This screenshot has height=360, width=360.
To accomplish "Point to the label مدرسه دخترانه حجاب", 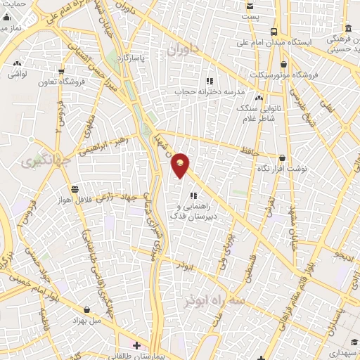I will [x=208, y=91].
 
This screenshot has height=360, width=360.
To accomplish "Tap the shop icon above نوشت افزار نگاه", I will [x=283, y=159].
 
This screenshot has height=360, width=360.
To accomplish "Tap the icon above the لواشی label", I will [x=15, y=61].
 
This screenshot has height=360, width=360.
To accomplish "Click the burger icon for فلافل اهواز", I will [x=75, y=188].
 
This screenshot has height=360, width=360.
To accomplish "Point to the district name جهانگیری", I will [x=37, y=162].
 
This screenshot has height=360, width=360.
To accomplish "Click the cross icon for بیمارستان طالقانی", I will [x=136, y=345].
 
